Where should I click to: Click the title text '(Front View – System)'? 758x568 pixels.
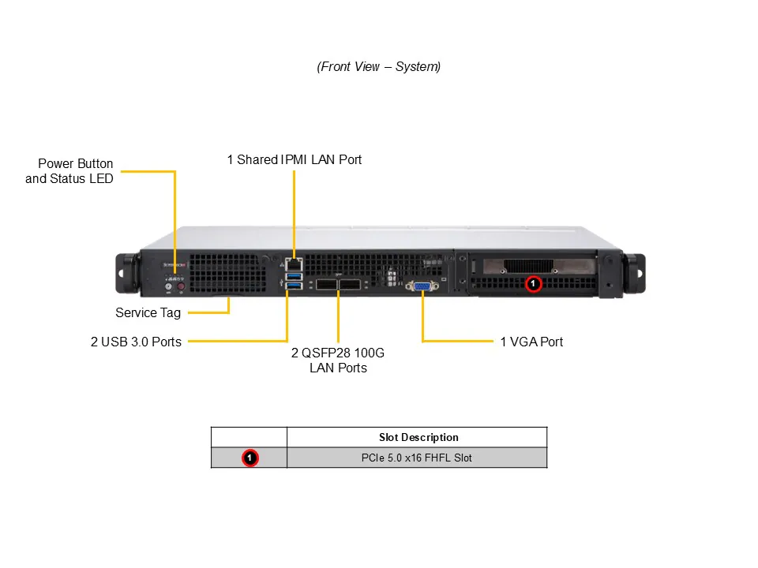[x=379, y=67]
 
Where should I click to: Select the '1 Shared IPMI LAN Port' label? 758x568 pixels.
[x=295, y=159]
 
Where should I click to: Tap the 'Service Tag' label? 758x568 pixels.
[x=148, y=312]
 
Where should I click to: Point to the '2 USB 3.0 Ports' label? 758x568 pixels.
[x=136, y=342]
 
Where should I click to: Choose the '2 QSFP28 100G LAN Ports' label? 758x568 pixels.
[x=338, y=360]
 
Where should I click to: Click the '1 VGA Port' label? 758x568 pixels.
[x=532, y=342]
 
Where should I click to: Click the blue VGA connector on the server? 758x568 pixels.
[x=422, y=286]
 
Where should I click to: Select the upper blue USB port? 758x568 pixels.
[x=294, y=276]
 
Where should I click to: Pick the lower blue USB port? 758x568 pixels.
[x=294, y=286]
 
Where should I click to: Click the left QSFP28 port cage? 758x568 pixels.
[x=326, y=286]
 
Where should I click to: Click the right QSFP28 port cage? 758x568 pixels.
[x=351, y=286]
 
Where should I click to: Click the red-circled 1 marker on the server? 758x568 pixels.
[x=533, y=282]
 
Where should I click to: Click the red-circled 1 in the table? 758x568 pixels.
[x=250, y=458]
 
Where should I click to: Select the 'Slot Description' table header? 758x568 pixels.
[x=418, y=437]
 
